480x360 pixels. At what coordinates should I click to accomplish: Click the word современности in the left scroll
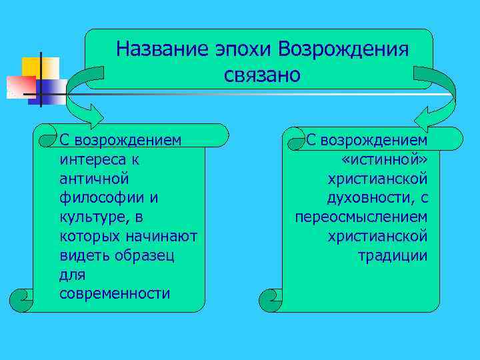(115, 294)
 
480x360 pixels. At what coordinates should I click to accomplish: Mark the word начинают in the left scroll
(161, 237)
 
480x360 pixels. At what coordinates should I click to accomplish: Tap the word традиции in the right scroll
(392, 256)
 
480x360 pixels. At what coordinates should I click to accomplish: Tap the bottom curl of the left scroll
(24, 298)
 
